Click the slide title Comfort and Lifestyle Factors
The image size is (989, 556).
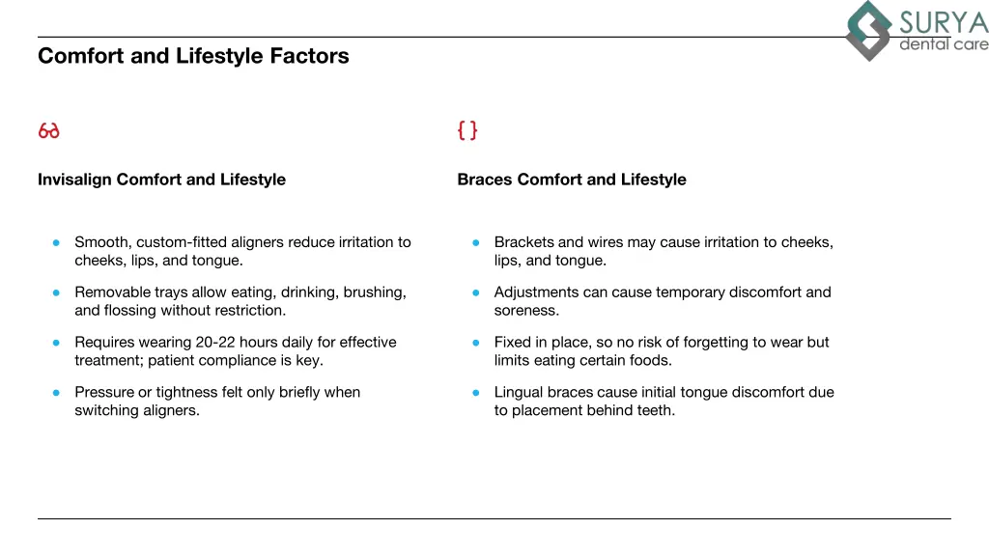[193, 56]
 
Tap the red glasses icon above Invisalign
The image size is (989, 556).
[48, 130]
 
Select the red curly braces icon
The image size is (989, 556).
[467, 130]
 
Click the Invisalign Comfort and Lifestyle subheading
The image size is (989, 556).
[161, 180]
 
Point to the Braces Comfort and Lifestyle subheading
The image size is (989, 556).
[572, 180]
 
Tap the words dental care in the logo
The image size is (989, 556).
[944, 44]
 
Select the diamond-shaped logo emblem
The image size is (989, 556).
[869, 31]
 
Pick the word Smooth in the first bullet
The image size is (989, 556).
[101, 242]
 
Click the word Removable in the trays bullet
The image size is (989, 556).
[112, 292]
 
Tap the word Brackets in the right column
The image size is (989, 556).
[523, 242]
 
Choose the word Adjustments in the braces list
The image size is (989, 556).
[536, 292]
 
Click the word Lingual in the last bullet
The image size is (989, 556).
[519, 393]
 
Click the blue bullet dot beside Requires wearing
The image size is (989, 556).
[57, 343]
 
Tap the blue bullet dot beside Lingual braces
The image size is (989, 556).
[476, 393]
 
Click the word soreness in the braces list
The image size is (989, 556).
[526, 311]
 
